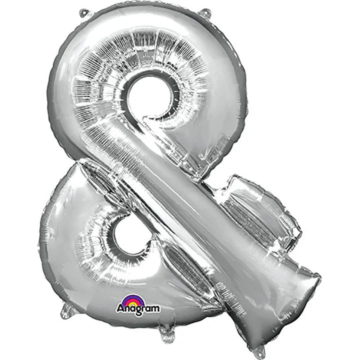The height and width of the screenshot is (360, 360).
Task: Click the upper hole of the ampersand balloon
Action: tap(151, 95)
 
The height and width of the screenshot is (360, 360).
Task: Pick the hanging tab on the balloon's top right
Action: tap(203, 11)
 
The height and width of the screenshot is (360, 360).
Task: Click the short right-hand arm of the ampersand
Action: tap(260, 205)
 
